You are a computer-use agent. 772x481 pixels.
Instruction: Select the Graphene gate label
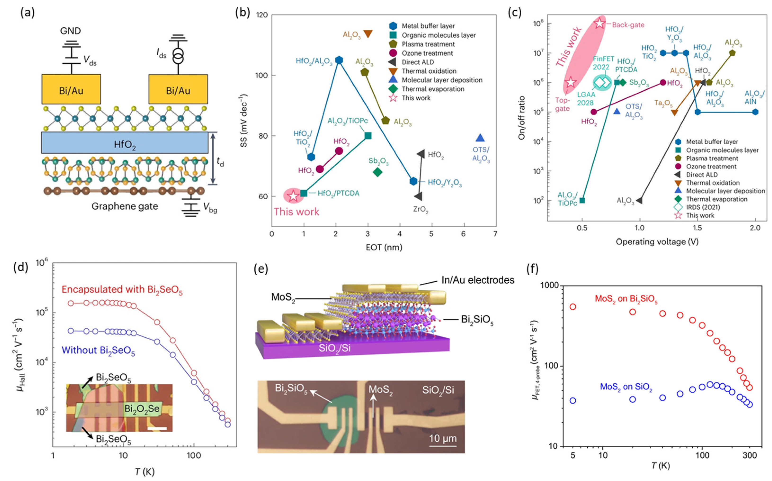[x=124, y=206]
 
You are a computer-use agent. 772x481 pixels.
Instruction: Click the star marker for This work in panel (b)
[x=293, y=196]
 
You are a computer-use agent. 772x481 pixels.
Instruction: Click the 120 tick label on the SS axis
[x=261, y=15]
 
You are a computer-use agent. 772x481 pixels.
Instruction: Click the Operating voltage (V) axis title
[x=657, y=242]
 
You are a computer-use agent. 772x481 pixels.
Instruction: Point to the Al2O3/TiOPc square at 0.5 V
[x=582, y=200]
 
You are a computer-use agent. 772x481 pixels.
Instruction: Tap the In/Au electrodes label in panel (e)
[x=478, y=280]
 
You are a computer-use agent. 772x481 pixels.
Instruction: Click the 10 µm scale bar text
[x=443, y=438]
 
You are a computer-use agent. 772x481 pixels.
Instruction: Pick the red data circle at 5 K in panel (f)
[x=573, y=307]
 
